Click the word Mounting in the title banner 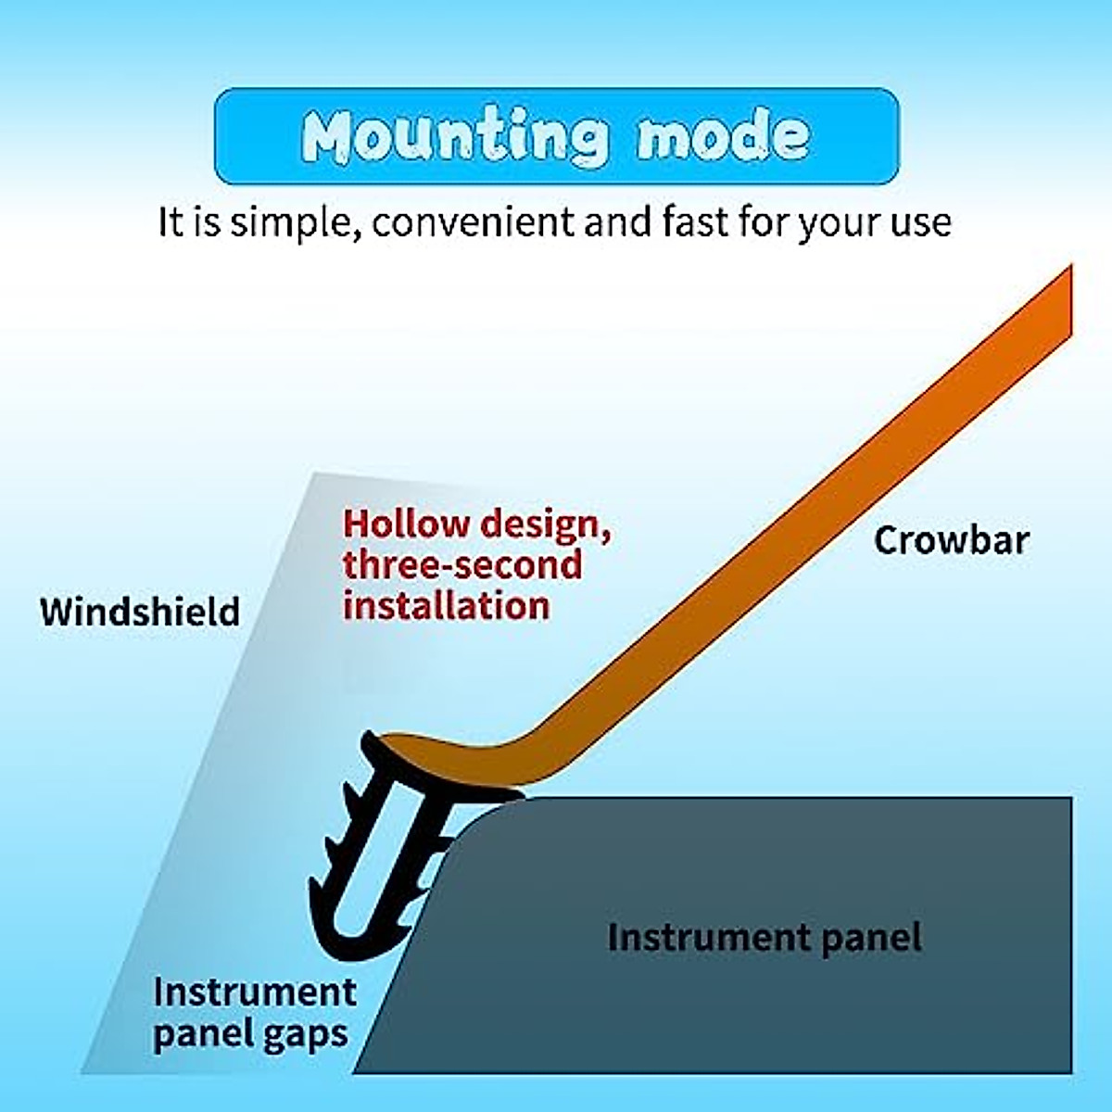(x=456, y=137)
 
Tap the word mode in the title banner (x=723, y=137)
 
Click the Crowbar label (x=951, y=540)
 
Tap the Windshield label (x=140, y=612)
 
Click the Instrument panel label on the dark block (x=764, y=938)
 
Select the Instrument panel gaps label (x=254, y=1012)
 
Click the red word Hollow (x=406, y=524)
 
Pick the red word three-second (x=462, y=564)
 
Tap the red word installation (x=447, y=605)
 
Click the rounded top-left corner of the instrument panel (x=482, y=815)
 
